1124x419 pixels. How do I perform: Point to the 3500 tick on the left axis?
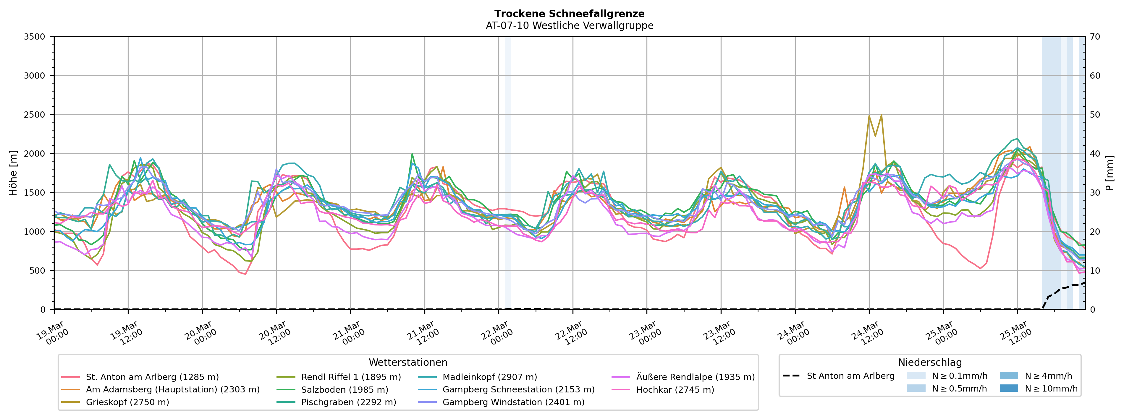click(x=35, y=37)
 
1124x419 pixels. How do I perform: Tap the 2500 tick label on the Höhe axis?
click(x=35, y=115)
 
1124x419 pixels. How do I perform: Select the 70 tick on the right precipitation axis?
click(x=1095, y=37)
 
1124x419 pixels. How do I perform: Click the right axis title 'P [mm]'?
click(x=1110, y=173)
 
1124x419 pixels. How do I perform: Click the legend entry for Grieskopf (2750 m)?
click(x=127, y=402)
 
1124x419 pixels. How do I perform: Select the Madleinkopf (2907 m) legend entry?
click(x=490, y=377)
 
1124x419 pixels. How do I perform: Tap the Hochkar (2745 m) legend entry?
click(x=675, y=389)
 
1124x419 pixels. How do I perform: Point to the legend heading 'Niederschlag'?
click(x=929, y=362)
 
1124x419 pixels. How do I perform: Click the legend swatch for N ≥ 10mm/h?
click(x=1008, y=388)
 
